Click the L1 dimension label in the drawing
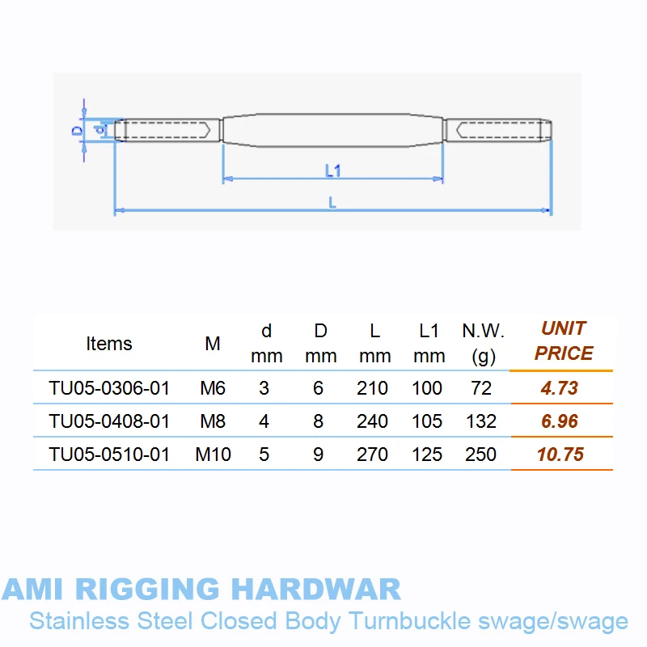(333, 171)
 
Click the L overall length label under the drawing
(332, 203)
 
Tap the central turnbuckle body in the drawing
(333, 130)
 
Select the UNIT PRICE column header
(564, 340)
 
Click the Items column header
(108, 344)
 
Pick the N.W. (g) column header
(483, 343)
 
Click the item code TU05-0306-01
(109, 388)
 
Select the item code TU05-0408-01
(109, 421)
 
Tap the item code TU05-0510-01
(109, 455)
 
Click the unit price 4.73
(560, 388)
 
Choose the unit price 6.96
(560, 421)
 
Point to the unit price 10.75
(560, 455)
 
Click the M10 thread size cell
(214, 455)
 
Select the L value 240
(373, 421)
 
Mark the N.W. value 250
(481, 455)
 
